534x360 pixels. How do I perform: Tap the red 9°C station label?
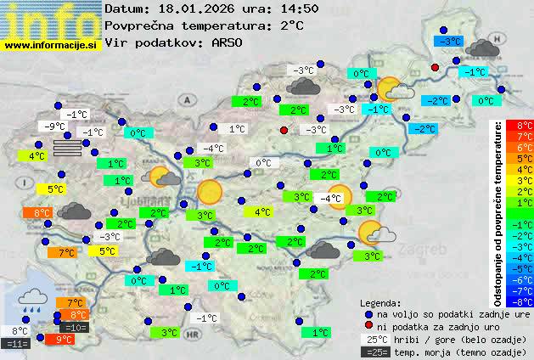click(x=64, y=339)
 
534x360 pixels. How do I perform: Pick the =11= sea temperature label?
click(x=16, y=344)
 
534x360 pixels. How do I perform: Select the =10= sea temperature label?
click(x=75, y=327)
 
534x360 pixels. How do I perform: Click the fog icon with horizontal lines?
click(x=69, y=147)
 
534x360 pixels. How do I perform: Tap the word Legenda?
click(x=380, y=302)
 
